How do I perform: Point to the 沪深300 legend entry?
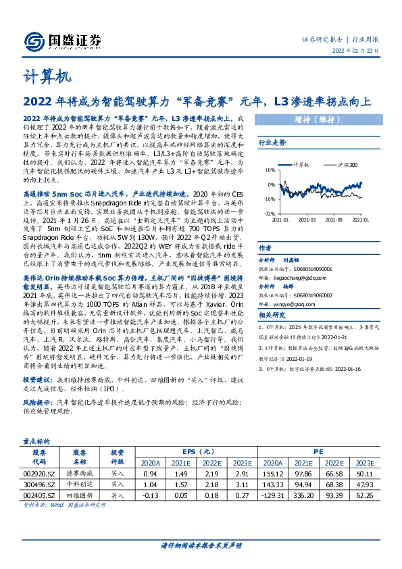pyautogui.click(x=345, y=164)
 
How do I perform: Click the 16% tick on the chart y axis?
pyautogui.click(x=269, y=170)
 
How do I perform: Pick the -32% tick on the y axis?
pyautogui.click(x=269, y=212)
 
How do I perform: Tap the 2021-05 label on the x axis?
pyautogui.click(x=307, y=219)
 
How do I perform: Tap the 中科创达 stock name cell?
pyautogui.click(x=80, y=485)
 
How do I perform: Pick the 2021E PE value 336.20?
pyautogui.click(x=303, y=495)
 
